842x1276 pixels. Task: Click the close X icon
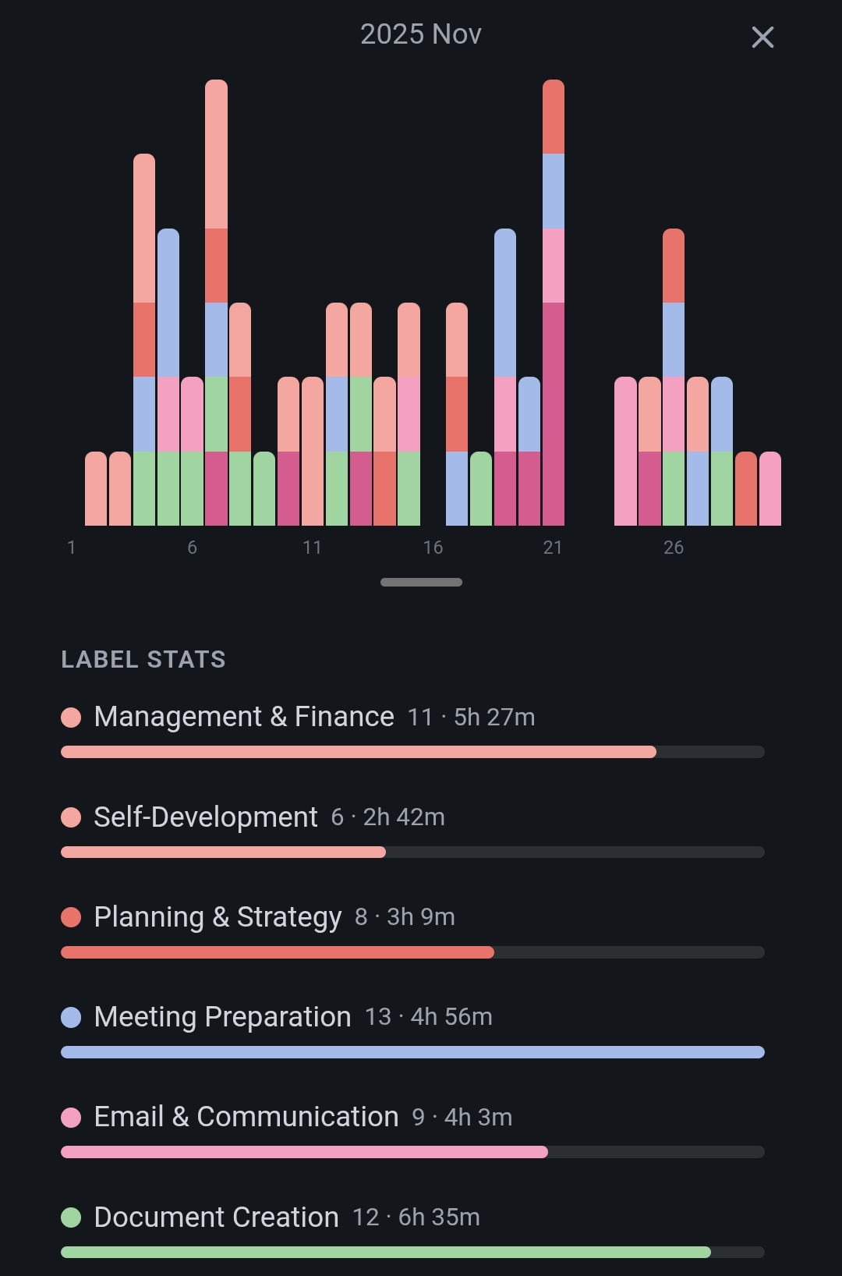coord(762,37)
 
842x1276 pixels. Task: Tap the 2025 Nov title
coord(421,34)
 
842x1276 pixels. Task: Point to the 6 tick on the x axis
coord(192,548)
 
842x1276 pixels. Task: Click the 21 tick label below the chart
coord(553,548)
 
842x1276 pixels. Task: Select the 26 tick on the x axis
coord(674,548)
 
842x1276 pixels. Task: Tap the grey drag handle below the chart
coord(421,582)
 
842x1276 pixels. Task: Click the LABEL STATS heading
coord(143,660)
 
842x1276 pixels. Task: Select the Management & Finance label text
coord(244,717)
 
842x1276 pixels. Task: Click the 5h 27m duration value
coord(494,718)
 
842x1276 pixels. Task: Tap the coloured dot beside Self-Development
coord(71,817)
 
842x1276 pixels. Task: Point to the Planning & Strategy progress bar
coord(278,952)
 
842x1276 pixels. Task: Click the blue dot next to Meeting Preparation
coord(71,1017)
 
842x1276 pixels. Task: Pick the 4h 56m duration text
coord(451,1017)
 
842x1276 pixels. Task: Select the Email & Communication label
coord(246,1117)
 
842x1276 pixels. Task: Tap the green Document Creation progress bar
coord(386,1252)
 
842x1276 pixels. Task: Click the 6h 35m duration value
coord(439,1218)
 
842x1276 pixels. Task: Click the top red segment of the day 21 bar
coord(554,117)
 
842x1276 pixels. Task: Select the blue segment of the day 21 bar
coord(554,191)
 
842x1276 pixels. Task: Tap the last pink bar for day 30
coord(770,489)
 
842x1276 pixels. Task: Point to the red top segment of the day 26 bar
coord(674,266)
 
